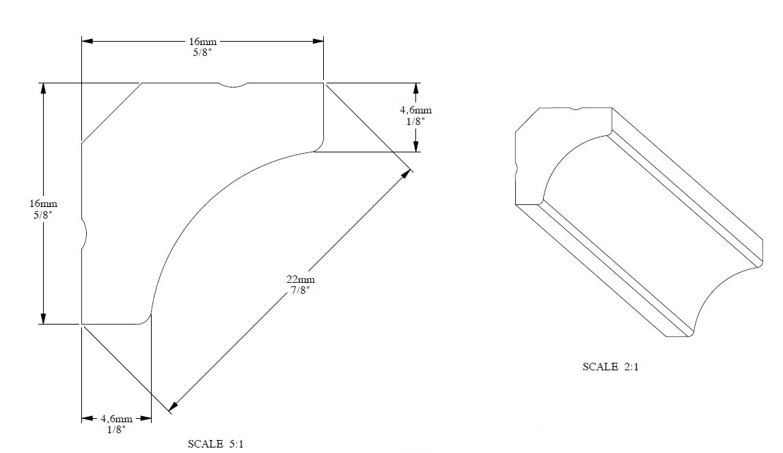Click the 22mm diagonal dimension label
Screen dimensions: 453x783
[301, 279]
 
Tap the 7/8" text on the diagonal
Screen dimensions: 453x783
[301, 290]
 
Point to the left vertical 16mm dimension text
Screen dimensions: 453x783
[43, 204]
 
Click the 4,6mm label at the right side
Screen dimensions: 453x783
[415, 110]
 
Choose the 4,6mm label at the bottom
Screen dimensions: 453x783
[116, 418]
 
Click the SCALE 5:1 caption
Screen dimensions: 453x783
[216, 444]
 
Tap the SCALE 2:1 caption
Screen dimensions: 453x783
[610, 367]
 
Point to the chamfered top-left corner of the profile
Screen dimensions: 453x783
[111, 113]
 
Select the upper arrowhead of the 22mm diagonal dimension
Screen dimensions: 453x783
[407, 174]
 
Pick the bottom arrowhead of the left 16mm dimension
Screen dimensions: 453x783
[43, 318]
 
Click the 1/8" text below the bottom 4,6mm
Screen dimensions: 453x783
[116, 430]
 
